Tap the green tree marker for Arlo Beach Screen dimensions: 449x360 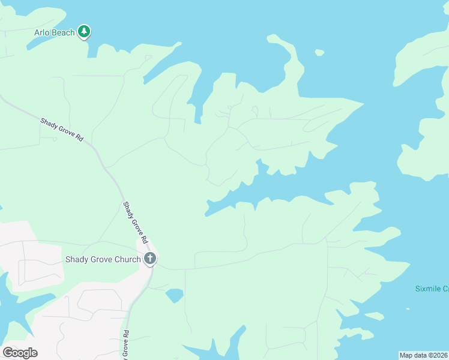(x=85, y=31)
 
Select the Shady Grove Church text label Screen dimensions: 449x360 (x=103, y=260)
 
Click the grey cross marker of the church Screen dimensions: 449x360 (x=150, y=259)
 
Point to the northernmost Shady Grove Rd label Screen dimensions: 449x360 (x=62, y=129)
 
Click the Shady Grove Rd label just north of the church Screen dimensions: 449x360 (x=136, y=222)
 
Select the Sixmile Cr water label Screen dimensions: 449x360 (x=432, y=289)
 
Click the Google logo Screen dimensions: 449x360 (x=20, y=353)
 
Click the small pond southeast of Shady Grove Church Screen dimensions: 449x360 (x=174, y=295)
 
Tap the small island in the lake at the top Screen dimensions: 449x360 (x=320, y=53)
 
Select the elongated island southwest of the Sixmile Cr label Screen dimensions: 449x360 (x=375, y=316)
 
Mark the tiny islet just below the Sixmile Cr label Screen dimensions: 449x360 (x=408, y=309)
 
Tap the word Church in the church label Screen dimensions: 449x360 (x=127, y=260)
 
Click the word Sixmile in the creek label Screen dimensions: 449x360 (x=427, y=289)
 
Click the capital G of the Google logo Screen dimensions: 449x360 (x=8, y=353)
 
